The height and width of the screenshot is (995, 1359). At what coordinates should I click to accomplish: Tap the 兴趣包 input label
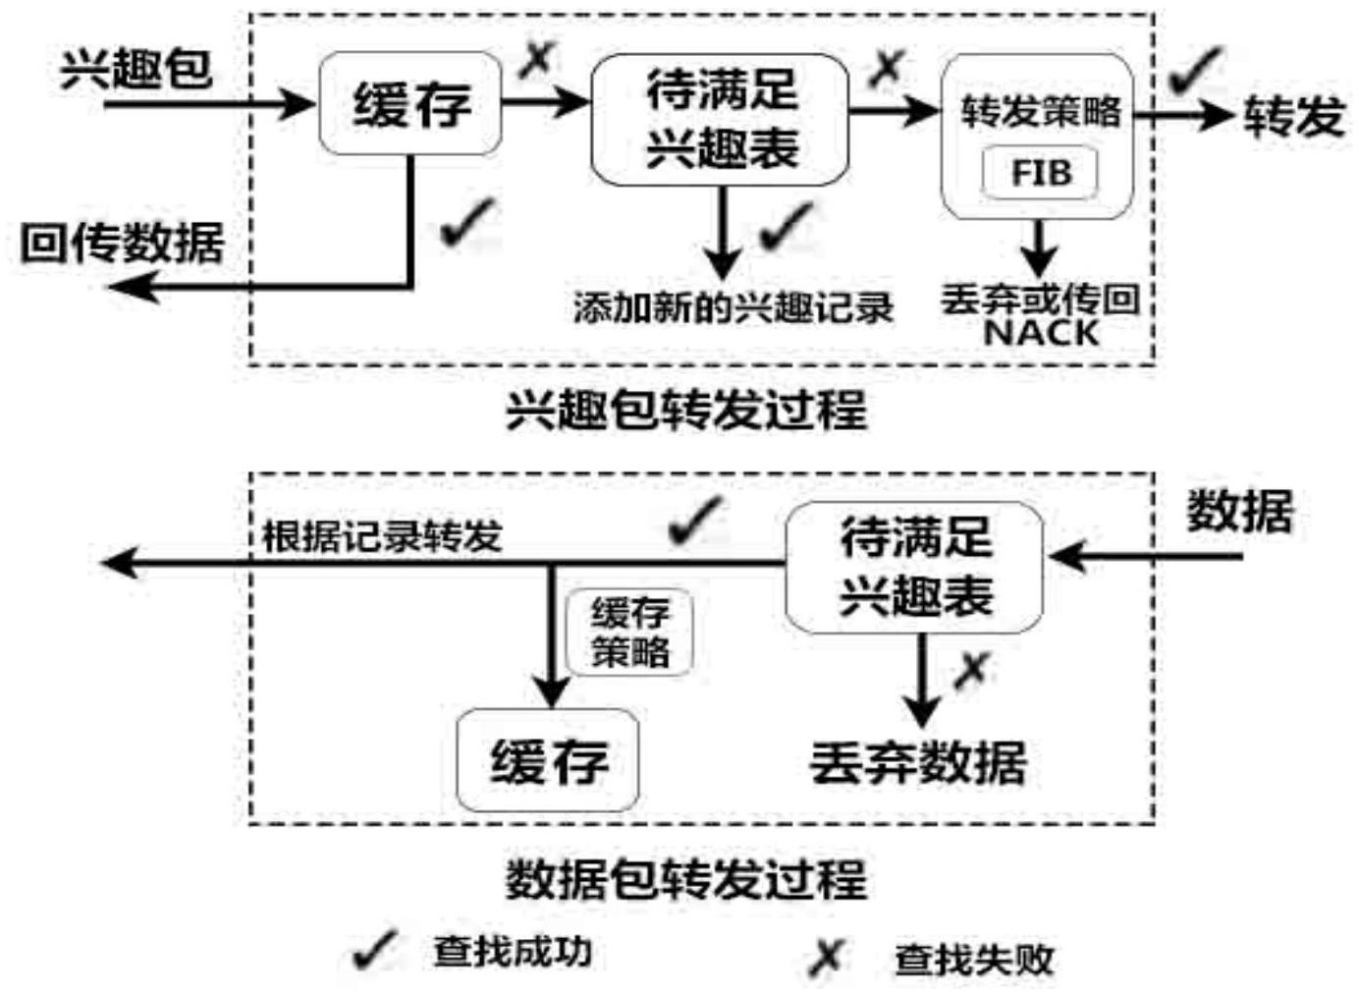pyautogui.click(x=136, y=70)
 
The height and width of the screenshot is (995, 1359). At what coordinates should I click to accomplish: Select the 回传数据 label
pyautogui.click(x=123, y=244)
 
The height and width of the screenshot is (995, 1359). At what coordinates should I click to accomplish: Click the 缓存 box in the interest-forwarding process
pyautogui.click(x=410, y=103)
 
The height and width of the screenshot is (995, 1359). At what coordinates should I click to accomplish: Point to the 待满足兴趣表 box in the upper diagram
pyautogui.click(x=720, y=119)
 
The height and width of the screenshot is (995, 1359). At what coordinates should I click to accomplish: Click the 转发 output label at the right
pyautogui.click(x=1294, y=116)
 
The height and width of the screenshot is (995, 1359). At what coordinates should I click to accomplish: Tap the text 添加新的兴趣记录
pyautogui.click(x=734, y=307)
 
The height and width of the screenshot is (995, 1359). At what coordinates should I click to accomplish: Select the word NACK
pyautogui.click(x=1041, y=332)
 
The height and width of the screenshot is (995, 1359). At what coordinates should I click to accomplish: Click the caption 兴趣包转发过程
pyautogui.click(x=687, y=411)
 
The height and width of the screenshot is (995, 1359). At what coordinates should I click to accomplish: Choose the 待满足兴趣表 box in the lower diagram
pyautogui.click(x=914, y=568)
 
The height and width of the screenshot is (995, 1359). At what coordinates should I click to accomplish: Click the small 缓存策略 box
pyautogui.click(x=629, y=633)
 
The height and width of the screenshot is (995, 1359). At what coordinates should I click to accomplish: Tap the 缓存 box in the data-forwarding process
pyautogui.click(x=547, y=760)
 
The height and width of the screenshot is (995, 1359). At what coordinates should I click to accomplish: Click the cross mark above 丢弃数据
pyautogui.click(x=973, y=671)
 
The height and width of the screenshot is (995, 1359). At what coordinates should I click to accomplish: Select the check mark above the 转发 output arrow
pyautogui.click(x=1194, y=71)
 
